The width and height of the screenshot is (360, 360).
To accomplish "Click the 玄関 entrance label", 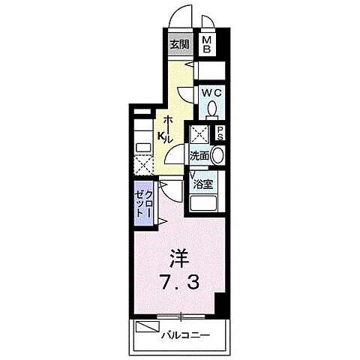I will point(179,44).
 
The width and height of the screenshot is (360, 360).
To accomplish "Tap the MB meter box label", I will point(208,44).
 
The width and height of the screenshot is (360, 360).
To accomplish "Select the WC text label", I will point(208,93).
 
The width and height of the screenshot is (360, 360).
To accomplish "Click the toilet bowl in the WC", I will point(213,109).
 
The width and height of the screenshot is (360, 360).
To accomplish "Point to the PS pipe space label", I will point(221,134).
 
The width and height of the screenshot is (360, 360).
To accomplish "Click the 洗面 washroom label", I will point(199,156).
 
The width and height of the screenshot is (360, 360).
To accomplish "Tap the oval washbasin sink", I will point(216,155).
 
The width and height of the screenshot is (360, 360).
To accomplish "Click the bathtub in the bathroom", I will point(205,203).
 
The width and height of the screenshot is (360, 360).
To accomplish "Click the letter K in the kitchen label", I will point(160,136).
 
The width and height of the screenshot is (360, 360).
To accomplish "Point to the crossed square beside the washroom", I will point(199,134).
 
